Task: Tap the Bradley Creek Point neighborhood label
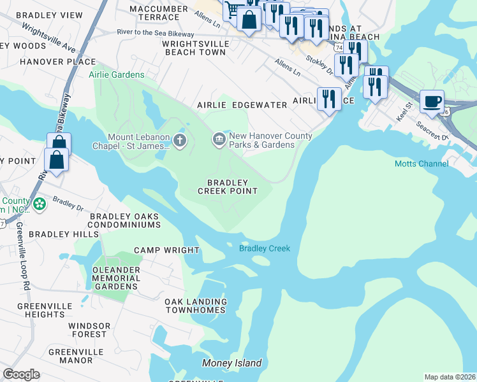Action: [x=228, y=187]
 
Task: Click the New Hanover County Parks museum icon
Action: [x=219, y=138]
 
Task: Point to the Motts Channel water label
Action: [x=421, y=164]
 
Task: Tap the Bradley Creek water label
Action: [x=265, y=248]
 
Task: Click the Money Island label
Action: [x=231, y=363]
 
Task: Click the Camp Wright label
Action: [x=166, y=250]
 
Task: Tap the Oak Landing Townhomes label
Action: [x=195, y=306]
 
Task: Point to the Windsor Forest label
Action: [x=88, y=330]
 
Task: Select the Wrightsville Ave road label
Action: [x=48, y=38]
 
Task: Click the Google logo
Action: [x=21, y=374]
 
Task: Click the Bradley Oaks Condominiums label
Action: [x=124, y=220]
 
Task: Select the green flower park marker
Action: [x=40, y=204]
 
